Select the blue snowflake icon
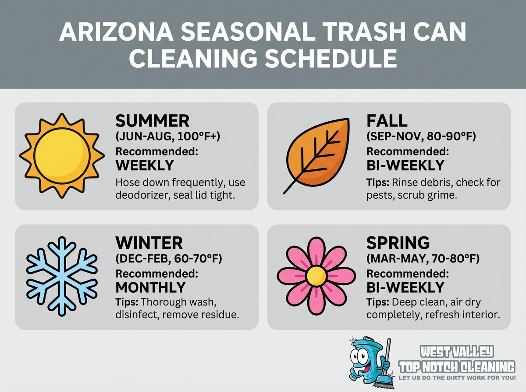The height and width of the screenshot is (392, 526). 61,277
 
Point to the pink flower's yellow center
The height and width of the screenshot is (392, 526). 316,276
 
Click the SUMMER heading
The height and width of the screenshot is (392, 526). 152,121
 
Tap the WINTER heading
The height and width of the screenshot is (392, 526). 149,243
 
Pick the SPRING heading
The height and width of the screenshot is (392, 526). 398,243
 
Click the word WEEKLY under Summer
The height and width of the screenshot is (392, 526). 145,165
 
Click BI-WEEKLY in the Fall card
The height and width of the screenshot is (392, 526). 405,165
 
